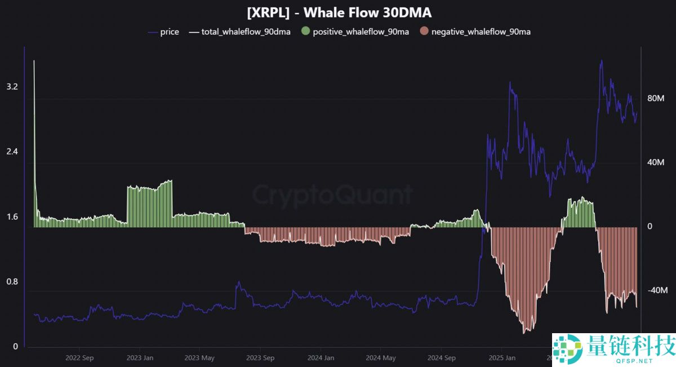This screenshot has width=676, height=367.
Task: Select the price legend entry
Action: (x=169, y=32)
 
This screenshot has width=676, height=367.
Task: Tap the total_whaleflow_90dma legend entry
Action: (x=246, y=32)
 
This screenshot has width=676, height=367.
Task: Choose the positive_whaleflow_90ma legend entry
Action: (x=361, y=32)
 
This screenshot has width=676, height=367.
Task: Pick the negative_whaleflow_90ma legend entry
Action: (x=481, y=32)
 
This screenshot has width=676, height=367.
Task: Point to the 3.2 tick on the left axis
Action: (x=12, y=87)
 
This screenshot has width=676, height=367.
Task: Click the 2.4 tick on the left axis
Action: (x=12, y=152)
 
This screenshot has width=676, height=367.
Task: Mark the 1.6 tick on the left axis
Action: (x=12, y=217)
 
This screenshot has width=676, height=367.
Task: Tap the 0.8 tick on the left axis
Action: (x=12, y=282)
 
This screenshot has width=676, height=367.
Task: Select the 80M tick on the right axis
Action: (x=657, y=99)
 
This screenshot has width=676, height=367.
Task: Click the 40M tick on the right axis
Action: (x=657, y=163)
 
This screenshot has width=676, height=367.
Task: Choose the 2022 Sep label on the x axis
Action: (x=79, y=357)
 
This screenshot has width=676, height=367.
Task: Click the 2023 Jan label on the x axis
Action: (x=140, y=357)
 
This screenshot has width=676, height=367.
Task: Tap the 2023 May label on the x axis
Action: (x=200, y=357)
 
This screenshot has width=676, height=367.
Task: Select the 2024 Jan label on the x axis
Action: (x=321, y=357)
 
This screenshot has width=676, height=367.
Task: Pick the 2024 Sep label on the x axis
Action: (x=442, y=357)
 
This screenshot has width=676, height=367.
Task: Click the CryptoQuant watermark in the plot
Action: (x=332, y=195)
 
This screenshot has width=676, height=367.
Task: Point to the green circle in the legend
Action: (x=306, y=32)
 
